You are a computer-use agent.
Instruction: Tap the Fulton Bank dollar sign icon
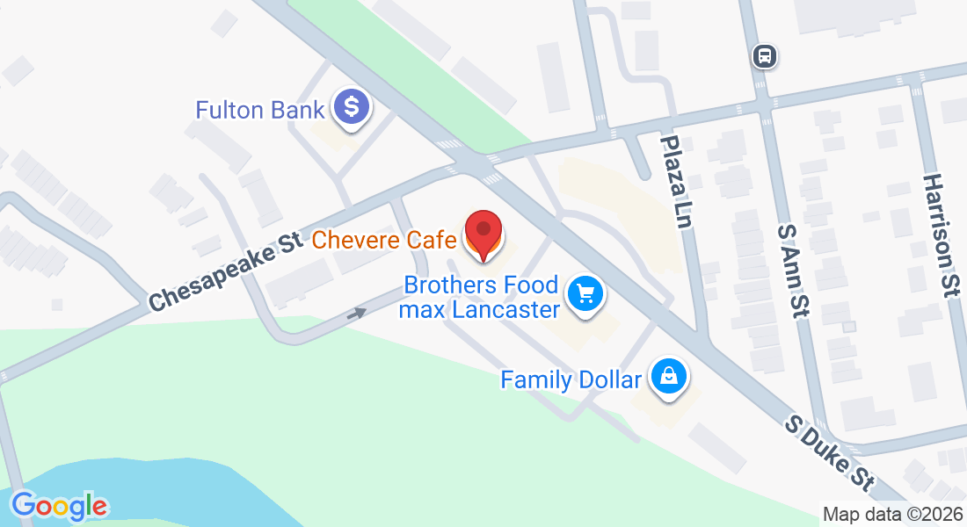tap(352, 108)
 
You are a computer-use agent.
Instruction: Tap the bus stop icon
tap(765, 56)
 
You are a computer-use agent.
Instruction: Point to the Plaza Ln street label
tap(675, 183)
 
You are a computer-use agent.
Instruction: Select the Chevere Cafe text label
tap(384, 239)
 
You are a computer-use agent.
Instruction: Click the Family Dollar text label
tap(571, 380)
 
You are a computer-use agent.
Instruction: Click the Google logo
tap(59, 505)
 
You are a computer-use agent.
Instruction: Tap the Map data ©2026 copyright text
tap(891, 515)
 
